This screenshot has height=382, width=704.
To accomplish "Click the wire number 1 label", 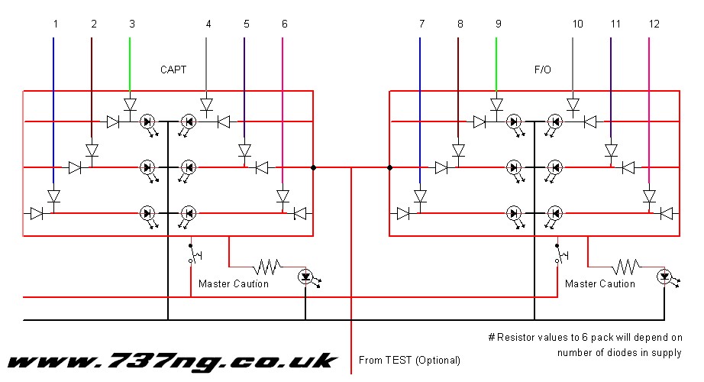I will pos(55,24).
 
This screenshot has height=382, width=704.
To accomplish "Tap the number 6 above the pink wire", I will pos(285,24).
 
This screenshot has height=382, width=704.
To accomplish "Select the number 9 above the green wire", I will pos(498,24).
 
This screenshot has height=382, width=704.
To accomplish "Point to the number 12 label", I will pos(654,24).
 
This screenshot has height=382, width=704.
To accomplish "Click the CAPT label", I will pos(173,70).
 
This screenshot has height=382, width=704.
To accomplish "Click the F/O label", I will pos(542,70).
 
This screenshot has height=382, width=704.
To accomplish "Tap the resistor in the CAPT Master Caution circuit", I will pos(268,266).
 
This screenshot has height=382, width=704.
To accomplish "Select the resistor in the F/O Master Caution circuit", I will pos(626,266).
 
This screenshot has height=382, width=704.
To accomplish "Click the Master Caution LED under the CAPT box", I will pos(305,276).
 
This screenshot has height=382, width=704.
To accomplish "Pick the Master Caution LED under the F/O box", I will pos(664,276).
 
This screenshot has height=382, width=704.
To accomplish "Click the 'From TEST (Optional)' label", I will pos(409,360).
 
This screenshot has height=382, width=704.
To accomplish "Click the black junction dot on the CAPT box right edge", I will pos(313,167).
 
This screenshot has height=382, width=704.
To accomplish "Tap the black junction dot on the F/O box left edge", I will pos(389,167).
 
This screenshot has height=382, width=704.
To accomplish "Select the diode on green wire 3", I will pos(130,104).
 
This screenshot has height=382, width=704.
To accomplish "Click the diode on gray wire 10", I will pos(573,104).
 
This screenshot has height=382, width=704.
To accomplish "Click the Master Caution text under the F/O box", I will pos(600,284).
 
